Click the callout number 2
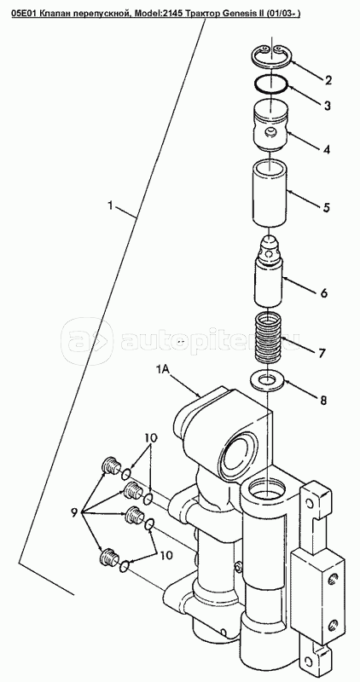(328, 80)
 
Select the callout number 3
(327, 105)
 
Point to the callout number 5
(326, 207)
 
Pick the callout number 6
(324, 292)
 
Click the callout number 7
(322, 353)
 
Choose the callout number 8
(323, 400)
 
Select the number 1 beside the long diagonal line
(111, 205)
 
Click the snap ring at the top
(272, 57)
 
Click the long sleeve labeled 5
(270, 194)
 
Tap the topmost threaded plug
(111, 465)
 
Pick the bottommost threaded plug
(109, 558)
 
